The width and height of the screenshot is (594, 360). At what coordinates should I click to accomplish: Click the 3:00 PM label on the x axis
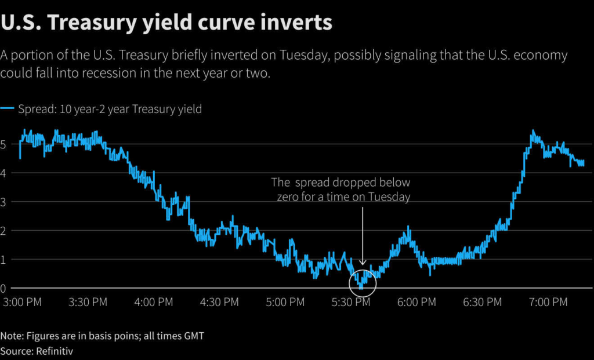22,302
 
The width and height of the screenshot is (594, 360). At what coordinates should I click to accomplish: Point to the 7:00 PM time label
549,302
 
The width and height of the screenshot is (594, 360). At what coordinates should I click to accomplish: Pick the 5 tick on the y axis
4,144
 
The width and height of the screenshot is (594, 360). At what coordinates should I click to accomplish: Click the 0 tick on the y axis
4,288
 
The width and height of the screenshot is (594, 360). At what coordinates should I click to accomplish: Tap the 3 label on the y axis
4,202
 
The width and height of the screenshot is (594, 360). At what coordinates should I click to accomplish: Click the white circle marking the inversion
363,282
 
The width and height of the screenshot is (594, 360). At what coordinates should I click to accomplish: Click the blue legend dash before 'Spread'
8,109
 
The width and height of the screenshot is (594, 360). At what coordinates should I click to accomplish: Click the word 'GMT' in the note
193,336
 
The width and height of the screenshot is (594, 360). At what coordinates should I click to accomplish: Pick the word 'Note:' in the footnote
11,336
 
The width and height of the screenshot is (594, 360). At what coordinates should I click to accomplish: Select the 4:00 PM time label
154,302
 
